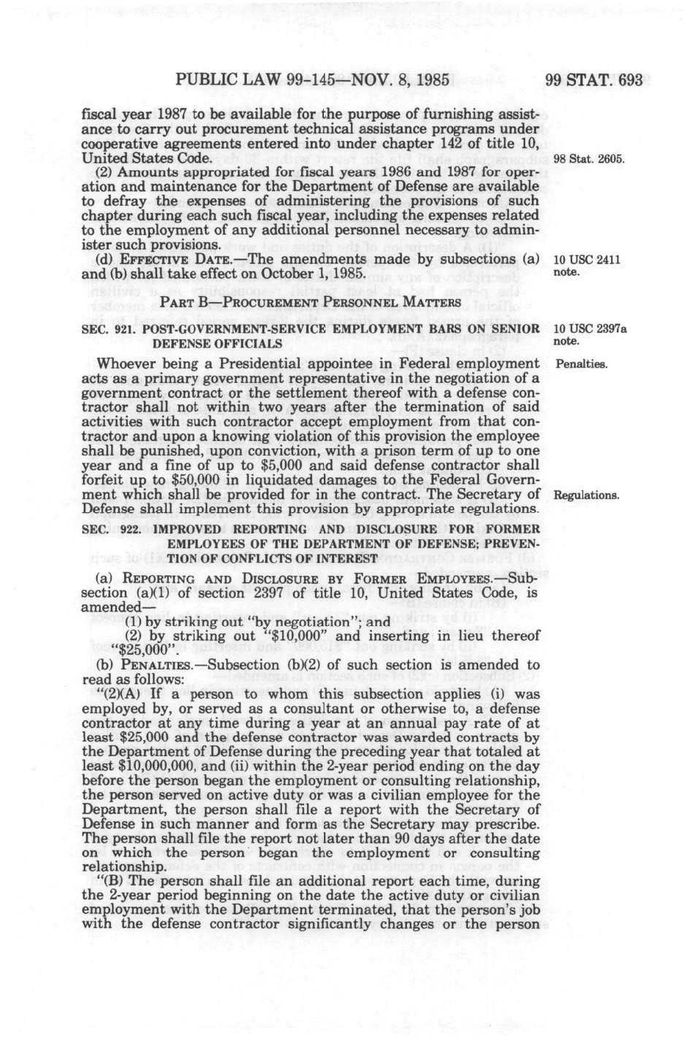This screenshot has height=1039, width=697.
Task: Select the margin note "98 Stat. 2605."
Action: pyautogui.click(x=589, y=159)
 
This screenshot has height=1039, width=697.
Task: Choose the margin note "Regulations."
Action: pyautogui.click(x=586, y=495)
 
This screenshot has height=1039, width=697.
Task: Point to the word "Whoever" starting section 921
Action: pyautogui.click(x=127, y=364)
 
